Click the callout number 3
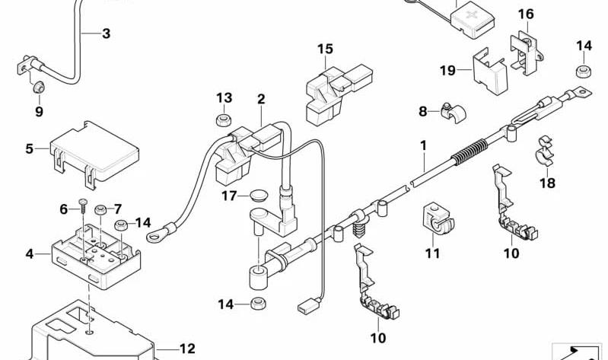point(107,33)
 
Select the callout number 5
point(30,148)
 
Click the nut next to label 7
point(100,211)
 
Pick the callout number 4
point(30,254)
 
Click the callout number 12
point(187,349)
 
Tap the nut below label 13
point(224,120)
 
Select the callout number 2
point(261,99)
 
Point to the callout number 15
point(326,49)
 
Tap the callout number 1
point(423,145)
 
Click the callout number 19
point(447,70)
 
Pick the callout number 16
point(526,14)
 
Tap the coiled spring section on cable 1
point(470,151)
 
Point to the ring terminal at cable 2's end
point(158,233)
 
